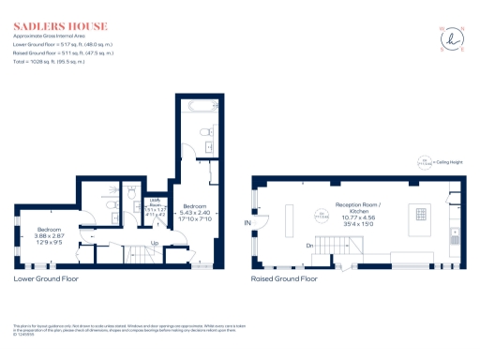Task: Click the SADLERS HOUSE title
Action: pyautogui.click(x=59, y=25)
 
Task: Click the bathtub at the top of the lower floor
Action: pyautogui.click(x=198, y=105)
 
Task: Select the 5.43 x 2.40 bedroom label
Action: pyautogui.click(x=195, y=211)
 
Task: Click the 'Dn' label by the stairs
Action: pyautogui.click(x=310, y=246)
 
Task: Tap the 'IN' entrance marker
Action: pyautogui.click(x=247, y=223)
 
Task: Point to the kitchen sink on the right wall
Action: pyautogui.click(x=455, y=239)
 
